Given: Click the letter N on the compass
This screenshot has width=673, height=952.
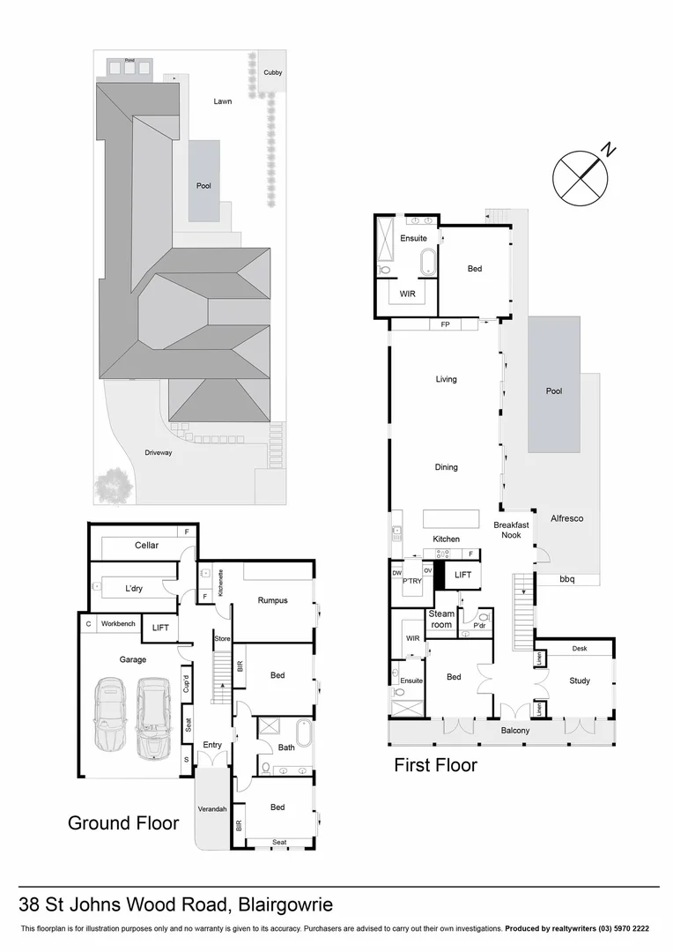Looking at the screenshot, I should (x=610, y=151).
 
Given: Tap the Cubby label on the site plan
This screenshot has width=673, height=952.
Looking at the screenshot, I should (x=273, y=72).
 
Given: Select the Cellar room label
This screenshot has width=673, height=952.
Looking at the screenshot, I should (x=146, y=546).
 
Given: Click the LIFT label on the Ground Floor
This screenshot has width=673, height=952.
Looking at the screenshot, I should (x=160, y=628).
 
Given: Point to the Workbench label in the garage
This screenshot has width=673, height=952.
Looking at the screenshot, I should (x=119, y=624).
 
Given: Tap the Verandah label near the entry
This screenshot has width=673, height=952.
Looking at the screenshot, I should (x=212, y=808).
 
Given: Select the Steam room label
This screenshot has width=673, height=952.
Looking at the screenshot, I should (x=441, y=618).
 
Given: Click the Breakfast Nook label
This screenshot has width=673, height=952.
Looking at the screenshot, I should (x=511, y=530).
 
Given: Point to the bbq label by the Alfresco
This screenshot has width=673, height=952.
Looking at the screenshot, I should (x=569, y=579).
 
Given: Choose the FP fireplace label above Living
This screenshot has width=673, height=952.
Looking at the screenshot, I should (x=446, y=324).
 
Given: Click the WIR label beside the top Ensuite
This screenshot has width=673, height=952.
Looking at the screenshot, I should (x=407, y=294).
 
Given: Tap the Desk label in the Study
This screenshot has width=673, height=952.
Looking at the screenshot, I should (x=579, y=649).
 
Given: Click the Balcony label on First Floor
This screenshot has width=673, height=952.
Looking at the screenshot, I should (x=516, y=731).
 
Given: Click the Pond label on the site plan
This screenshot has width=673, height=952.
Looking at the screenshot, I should (x=129, y=60).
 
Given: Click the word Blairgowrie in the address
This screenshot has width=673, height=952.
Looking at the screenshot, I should (x=285, y=904).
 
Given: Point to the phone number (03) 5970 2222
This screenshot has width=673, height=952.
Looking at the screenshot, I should (x=620, y=929).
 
